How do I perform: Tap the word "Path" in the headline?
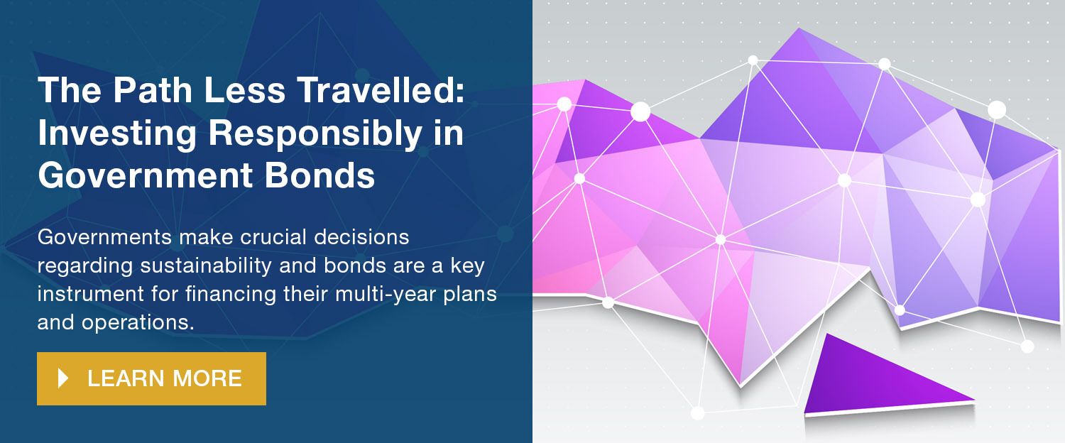click(x=152, y=90)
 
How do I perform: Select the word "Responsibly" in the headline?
click(x=315, y=134)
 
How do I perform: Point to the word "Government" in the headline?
click(x=145, y=175)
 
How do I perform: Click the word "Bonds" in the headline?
click(x=319, y=175)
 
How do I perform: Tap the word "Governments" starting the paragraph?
click(x=104, y=236)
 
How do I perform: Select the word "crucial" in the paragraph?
click(x=273, y=236)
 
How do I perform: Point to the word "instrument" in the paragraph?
click(x=91, y=294)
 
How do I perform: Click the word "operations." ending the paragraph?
click(x=138, y=323)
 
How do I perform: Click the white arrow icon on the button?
click(x=63, y=378)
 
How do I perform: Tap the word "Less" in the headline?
click(x=244, y=90)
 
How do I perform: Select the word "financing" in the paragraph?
click(x=231, y=295)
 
